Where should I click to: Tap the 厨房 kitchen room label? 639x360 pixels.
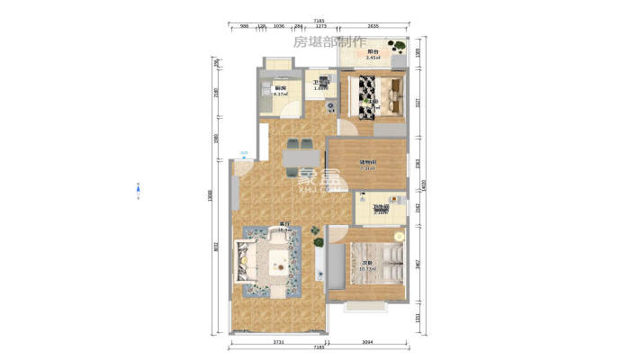(280, 88)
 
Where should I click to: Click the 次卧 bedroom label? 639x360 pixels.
(366, 264)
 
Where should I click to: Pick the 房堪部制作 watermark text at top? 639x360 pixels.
(329, 41)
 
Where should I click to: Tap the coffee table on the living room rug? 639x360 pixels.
(277, 261)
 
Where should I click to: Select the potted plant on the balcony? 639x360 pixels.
(395, 46)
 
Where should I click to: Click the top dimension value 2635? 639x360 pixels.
(373, 27)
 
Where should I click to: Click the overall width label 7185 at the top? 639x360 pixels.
(319, 20)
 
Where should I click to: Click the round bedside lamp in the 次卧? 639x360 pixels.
(397, 237)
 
